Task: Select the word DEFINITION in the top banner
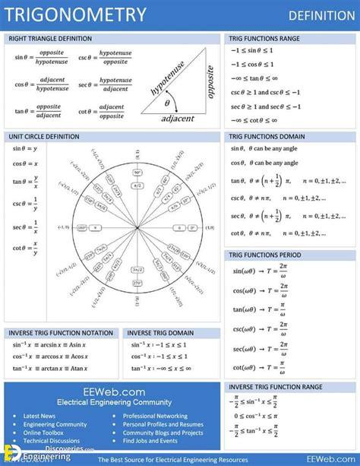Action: (321, 15)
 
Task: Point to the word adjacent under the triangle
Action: (177, 118)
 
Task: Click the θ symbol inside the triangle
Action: (167, 103)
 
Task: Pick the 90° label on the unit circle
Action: (138, 173)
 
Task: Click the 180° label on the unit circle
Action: (82, 227)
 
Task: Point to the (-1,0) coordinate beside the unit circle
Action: (63, 227)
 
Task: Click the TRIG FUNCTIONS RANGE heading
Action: (264, 38)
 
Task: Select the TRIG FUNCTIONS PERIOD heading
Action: (265, 255)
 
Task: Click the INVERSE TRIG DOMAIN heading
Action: (160, 333)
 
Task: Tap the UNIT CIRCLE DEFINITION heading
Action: (44, 136)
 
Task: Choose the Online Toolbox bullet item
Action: (44, 433)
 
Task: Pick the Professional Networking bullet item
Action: (155, 416)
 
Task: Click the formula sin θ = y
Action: (25, 148)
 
